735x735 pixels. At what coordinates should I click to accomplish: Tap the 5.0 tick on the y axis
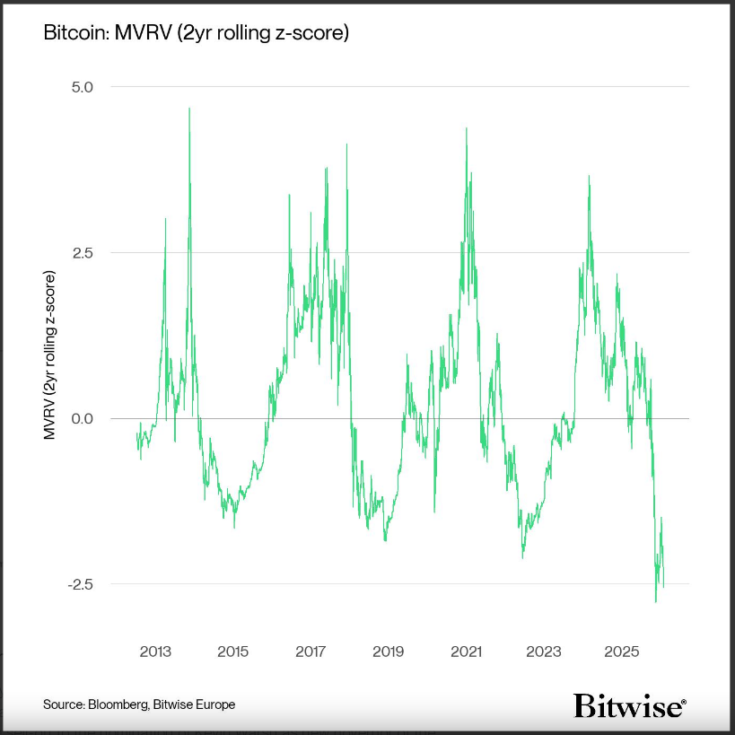94,87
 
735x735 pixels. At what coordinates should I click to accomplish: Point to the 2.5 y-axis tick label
94,252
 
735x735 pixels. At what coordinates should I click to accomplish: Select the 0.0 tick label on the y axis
94,418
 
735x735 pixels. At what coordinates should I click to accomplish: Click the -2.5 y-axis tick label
92,584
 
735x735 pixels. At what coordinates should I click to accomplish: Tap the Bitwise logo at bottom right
630,705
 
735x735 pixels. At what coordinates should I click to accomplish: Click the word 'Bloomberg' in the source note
119,704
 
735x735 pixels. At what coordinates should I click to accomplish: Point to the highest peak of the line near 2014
188,109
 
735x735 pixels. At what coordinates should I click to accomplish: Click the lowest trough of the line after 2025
656,601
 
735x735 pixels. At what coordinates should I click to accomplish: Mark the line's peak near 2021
467,128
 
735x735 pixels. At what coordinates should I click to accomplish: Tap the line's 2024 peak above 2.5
589,176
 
